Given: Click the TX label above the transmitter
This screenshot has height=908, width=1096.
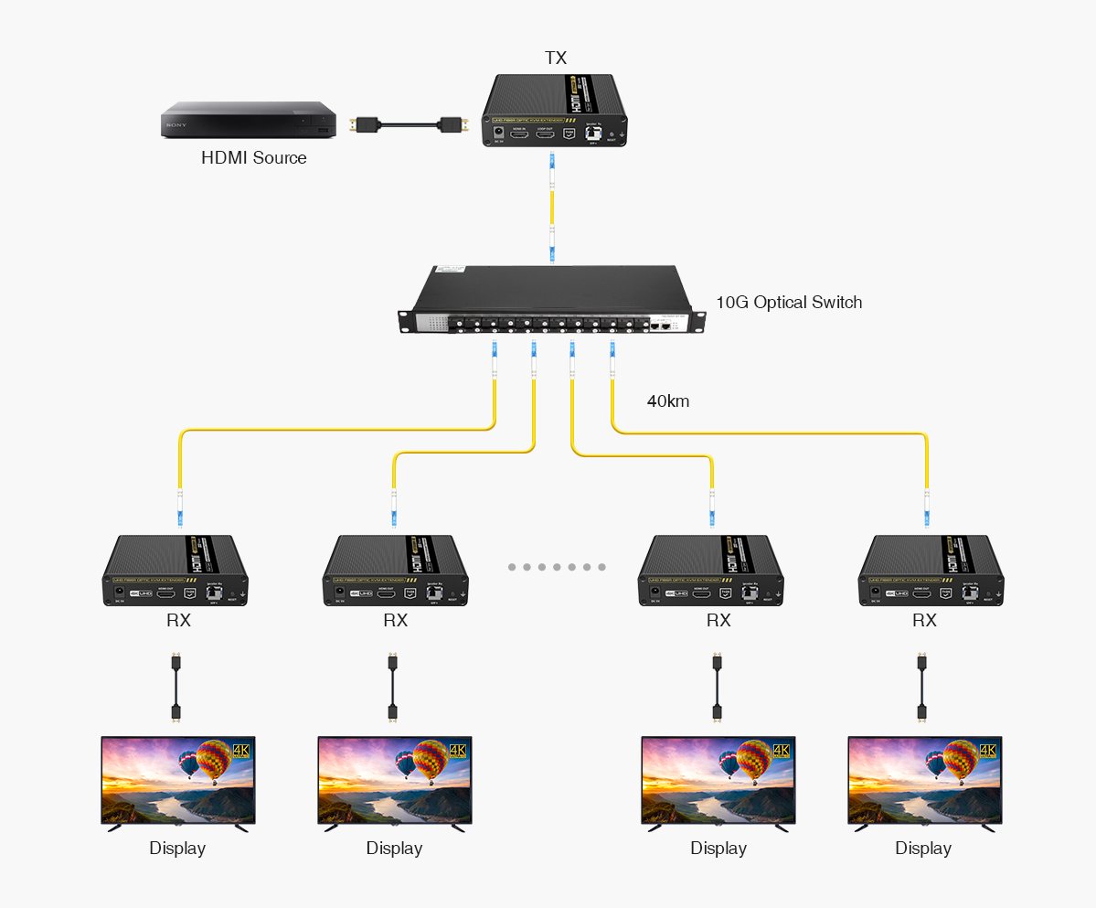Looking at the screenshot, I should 555,58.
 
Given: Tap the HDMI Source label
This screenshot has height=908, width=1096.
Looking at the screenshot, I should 253,158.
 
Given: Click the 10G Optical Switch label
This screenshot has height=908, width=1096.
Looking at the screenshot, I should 788,302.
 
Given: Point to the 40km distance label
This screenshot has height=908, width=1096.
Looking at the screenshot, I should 668,401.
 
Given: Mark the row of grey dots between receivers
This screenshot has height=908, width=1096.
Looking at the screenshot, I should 556,567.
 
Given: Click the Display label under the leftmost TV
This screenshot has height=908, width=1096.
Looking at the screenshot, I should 177,849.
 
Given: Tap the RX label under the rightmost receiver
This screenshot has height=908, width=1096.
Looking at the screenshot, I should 924,621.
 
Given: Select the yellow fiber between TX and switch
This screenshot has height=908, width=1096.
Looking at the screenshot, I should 551,209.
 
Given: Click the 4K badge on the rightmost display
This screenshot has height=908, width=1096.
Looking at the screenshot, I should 986,750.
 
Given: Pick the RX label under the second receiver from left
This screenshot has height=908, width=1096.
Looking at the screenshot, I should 395,621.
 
